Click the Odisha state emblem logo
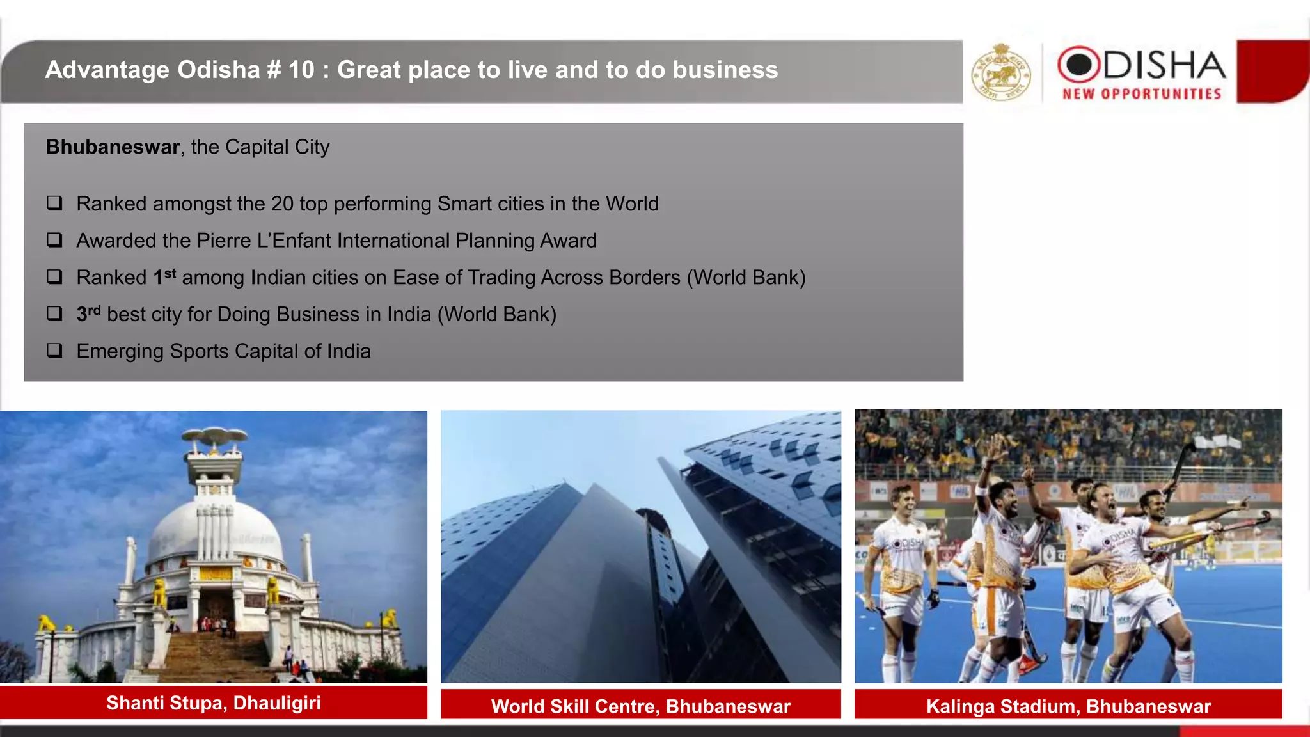point(1001,72)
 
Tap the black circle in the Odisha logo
point(1078,64)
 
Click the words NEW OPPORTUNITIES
point(1142,94)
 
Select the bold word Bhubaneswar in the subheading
point(113,147)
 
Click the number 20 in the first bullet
point(282,204)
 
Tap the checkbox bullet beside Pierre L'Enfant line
point(55,241)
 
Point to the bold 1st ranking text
point(164,277)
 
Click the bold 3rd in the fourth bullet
point(88,313)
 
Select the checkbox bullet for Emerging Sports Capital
point(55,351)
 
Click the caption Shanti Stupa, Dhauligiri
point(214,703)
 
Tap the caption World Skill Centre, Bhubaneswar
point(641,706)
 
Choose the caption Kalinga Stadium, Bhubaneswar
point(1068,706)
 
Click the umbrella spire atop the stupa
point(214,437)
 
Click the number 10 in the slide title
point(301,70)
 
